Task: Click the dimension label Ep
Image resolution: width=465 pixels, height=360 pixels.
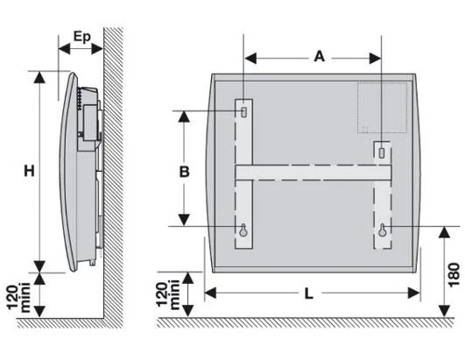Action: point(81,38)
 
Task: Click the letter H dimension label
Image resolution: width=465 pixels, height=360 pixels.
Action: point(29,171)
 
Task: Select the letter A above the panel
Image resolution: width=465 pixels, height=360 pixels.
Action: point(320,56)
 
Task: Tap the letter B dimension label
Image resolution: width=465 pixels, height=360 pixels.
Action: point(184,172)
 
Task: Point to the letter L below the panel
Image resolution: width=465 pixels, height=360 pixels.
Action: point(309,294)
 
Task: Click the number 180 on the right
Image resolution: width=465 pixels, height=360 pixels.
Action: point(454,275)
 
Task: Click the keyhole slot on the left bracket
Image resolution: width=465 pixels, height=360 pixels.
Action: point(243,229)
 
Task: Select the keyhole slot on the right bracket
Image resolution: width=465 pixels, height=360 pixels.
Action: point(383,229)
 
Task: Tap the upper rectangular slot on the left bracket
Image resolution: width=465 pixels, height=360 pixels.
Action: point(243,112)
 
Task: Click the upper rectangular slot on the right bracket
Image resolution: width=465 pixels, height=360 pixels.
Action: point(382,152)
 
